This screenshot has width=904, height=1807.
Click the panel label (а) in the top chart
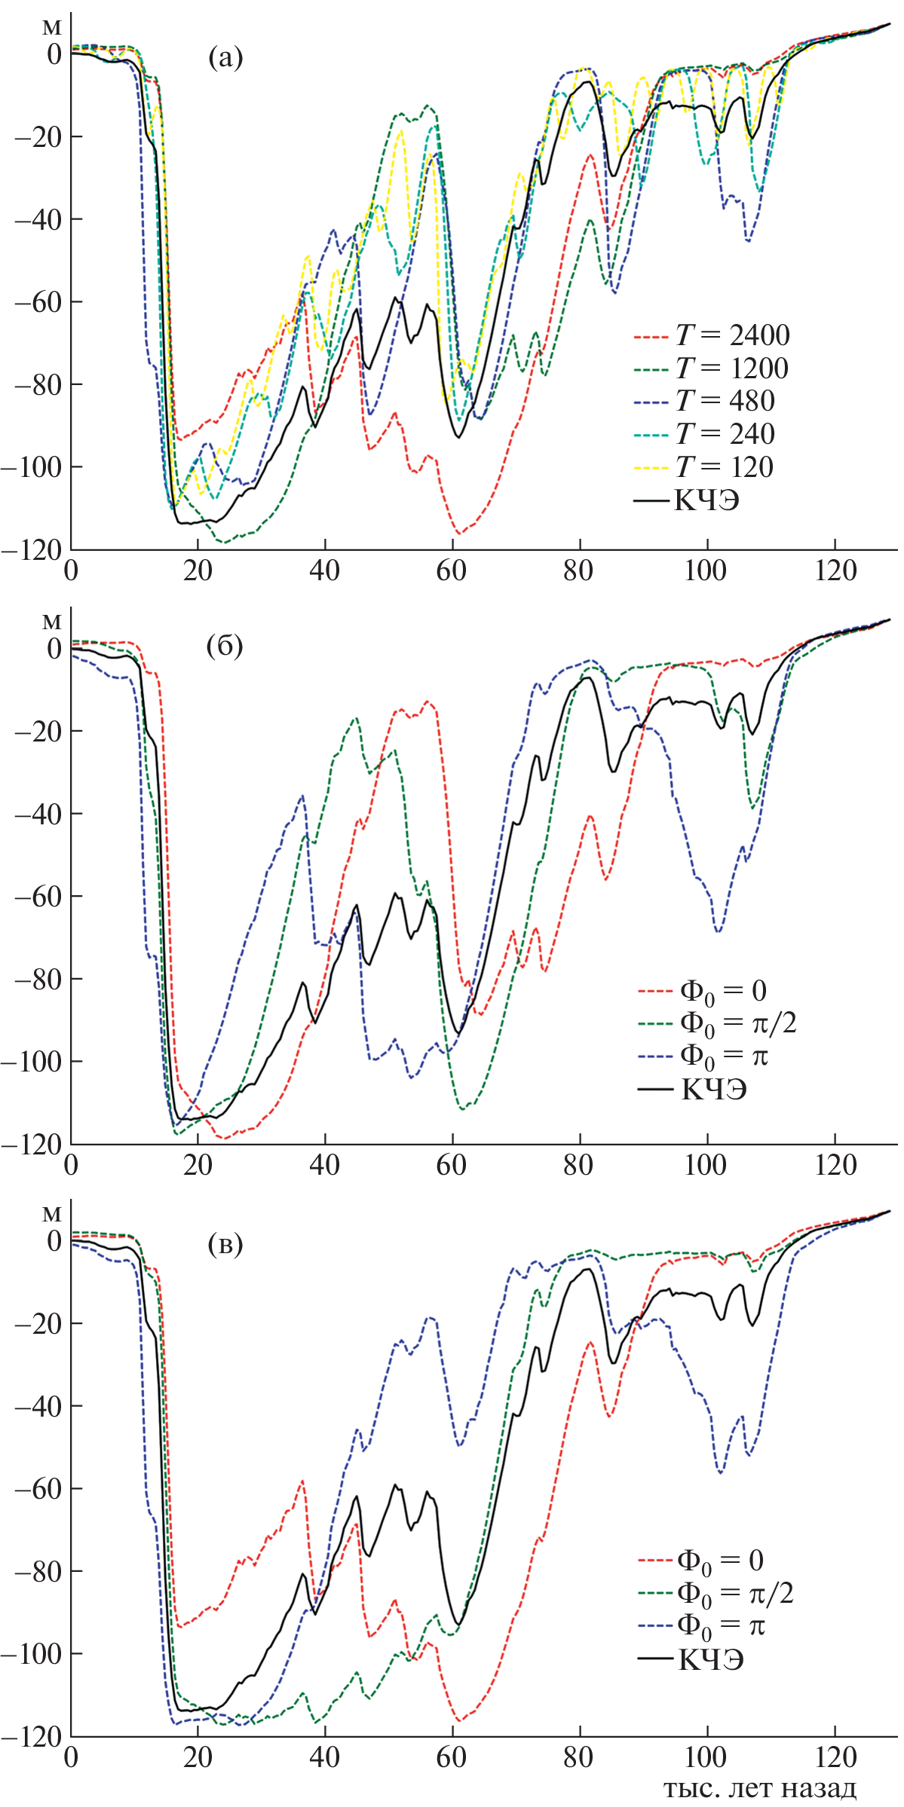tap(225, 58)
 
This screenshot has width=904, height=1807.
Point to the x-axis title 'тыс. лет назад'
tap(760, 1789)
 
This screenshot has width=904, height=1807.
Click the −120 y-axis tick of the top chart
tap(31, 550)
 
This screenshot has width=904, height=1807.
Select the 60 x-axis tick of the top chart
tap(452, 571)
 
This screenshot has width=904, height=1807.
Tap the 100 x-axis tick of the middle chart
tap(706, 1166)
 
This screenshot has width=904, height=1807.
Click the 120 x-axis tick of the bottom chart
tap(835, 1759)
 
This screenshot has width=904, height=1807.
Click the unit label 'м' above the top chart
tap(51, 27)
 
